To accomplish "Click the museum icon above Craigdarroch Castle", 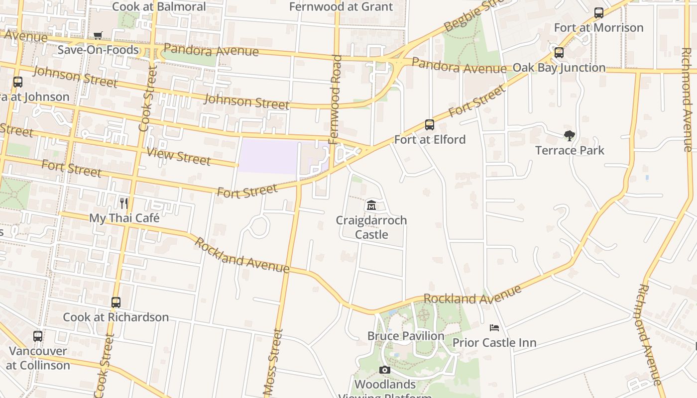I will (371, 205).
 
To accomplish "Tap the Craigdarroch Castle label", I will (371, 227).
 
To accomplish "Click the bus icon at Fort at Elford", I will (430, 125).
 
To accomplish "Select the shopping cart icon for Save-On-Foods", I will (98, 35).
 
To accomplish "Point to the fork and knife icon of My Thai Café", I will (124, 203).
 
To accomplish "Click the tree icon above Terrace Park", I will (570, 136).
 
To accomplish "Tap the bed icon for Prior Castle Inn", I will (494, 328).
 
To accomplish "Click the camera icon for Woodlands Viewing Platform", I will (384, 370).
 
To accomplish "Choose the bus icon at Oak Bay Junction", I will (559, 53).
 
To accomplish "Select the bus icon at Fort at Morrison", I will (599, 13).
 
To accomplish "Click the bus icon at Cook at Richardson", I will (116, 302).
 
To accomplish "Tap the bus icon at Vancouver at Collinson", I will (38, 336).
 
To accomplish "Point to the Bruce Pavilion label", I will (406, 336).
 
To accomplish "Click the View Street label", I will (178, 156).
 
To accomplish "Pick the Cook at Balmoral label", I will (159, 6).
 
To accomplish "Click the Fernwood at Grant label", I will (341, 6).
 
